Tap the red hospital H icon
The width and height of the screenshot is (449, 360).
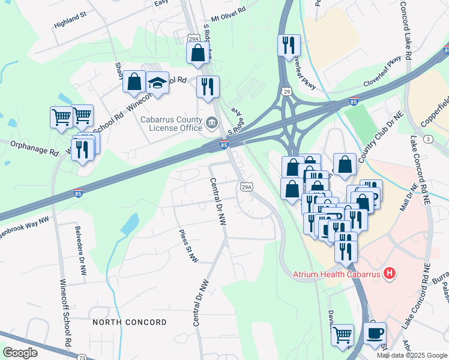pyautogui.click(x=390, y=274)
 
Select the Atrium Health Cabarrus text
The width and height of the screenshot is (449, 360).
pyautogui.click(x=336, y=274)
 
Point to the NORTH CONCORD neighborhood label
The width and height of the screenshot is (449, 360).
pyautogui.click(x=130, y=322)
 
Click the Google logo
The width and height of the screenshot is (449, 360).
pyautogui.click(x=20, y=353)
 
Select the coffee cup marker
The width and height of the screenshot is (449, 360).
pyautogui.click(x=375, y=333)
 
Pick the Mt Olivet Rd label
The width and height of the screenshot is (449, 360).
pyautogui.click(x=224, y=11)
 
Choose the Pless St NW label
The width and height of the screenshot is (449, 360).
pyautogui.click(x=187, y=246)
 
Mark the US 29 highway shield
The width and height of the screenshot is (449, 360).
pyautogui.click(x=287, y=91)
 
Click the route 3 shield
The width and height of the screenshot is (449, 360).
pyautogui.click(x=428, y=139)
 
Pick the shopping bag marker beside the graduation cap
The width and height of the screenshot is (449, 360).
pyautogui.click(x=134, y=83)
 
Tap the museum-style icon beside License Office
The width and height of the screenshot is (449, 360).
pyautogui.click(x=211, y=124)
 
